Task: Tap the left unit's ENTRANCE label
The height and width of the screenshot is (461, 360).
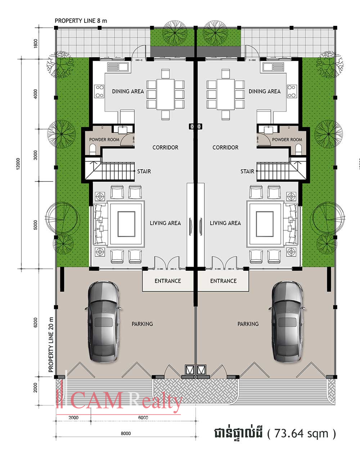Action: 168,281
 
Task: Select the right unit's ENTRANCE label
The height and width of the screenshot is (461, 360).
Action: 224,281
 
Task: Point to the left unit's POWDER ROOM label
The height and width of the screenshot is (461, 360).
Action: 104,140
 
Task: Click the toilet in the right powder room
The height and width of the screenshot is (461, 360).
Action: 298,149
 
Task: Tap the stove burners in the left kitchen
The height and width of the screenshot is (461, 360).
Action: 99,91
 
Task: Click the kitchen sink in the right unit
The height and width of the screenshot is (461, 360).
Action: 273,67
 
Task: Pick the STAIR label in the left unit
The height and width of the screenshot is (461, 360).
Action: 144,171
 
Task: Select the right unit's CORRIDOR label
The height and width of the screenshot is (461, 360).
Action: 225,147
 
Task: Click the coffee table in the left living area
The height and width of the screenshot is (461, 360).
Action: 126,224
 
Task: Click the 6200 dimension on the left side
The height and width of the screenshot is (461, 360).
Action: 35,322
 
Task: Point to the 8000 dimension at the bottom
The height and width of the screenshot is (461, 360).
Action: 126,433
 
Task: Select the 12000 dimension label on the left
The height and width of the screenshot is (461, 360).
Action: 18,164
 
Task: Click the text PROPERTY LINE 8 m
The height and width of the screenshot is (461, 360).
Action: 81,21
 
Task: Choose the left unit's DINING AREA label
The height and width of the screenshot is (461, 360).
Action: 128,91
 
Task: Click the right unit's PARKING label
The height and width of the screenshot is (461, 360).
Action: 248,324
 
